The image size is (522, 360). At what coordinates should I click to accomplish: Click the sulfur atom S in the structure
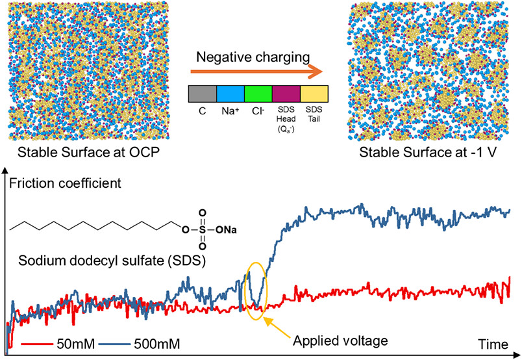pyautogui.click(x=203, y=229)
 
